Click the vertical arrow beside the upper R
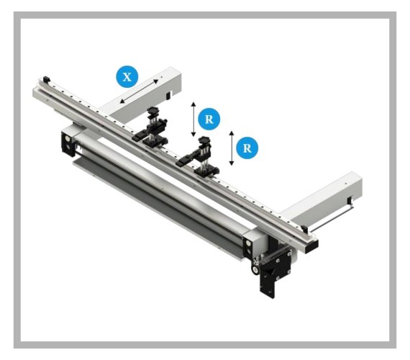(x=193, y=119)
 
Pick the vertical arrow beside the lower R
(x=231, y=149)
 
